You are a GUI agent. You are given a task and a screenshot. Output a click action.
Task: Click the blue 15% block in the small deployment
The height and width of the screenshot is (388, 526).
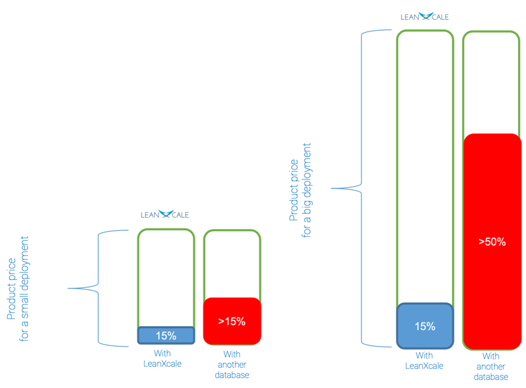166,335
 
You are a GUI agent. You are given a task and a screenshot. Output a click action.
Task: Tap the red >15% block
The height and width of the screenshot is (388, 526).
232,321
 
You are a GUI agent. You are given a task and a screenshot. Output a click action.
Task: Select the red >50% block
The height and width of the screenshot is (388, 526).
492,241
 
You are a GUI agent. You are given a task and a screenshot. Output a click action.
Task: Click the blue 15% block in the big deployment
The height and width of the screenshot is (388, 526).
425,326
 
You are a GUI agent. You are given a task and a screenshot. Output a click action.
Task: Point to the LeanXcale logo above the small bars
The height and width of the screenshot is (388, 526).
165,214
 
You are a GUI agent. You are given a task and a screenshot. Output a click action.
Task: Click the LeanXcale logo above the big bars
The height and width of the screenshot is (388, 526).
425,16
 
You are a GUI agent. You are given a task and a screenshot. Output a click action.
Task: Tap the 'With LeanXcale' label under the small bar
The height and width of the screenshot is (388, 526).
162,358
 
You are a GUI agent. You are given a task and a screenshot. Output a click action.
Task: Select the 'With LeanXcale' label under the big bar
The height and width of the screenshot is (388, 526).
425,360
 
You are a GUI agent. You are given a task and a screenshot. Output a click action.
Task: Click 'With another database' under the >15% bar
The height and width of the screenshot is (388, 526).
232,365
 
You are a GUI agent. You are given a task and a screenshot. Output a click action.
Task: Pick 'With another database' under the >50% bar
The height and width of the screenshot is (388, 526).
491,366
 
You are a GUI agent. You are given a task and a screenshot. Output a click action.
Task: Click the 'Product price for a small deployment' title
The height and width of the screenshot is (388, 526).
18,289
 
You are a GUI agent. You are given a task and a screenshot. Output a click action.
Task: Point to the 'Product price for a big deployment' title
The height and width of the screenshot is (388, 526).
300,191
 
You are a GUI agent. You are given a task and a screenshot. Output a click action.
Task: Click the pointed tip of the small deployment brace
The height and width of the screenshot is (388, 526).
68,288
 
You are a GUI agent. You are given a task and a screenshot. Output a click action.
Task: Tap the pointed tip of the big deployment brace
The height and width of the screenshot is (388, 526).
331,188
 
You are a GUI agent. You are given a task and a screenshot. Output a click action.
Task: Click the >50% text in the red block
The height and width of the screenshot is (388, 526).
492,241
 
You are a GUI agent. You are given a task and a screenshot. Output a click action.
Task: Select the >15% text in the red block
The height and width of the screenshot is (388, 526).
232,321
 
